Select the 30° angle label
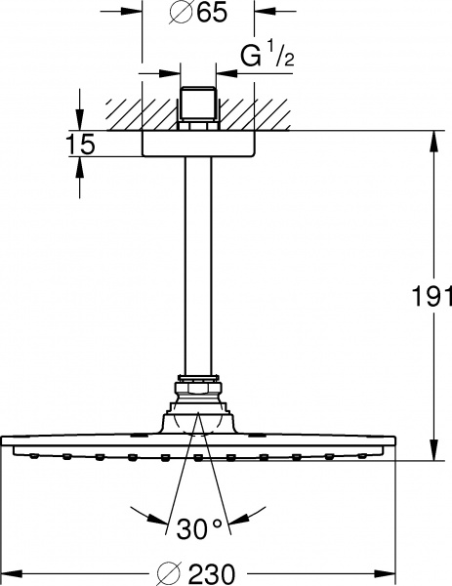pos(201,529)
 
